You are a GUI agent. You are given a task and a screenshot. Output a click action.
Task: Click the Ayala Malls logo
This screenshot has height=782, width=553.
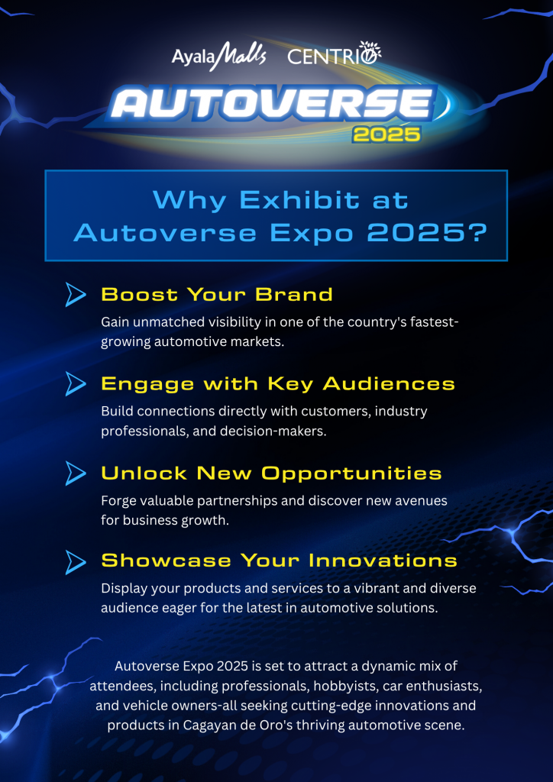(219, 55)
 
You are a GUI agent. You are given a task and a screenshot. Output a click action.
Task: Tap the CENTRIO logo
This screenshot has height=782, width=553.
(334, 54)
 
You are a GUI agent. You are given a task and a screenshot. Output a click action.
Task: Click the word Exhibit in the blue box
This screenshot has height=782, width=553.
(299, 201)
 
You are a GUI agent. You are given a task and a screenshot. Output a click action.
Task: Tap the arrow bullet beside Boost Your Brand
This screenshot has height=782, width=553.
(76, 294)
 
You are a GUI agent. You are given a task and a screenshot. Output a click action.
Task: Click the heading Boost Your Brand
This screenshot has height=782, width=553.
(217, 295)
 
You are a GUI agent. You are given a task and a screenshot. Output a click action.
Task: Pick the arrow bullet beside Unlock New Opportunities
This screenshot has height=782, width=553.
(76, 473)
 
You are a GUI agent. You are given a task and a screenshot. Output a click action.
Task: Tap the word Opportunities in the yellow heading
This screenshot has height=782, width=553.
(351, 473)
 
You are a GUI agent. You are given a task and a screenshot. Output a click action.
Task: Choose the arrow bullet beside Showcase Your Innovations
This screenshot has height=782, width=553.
(76, 561)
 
